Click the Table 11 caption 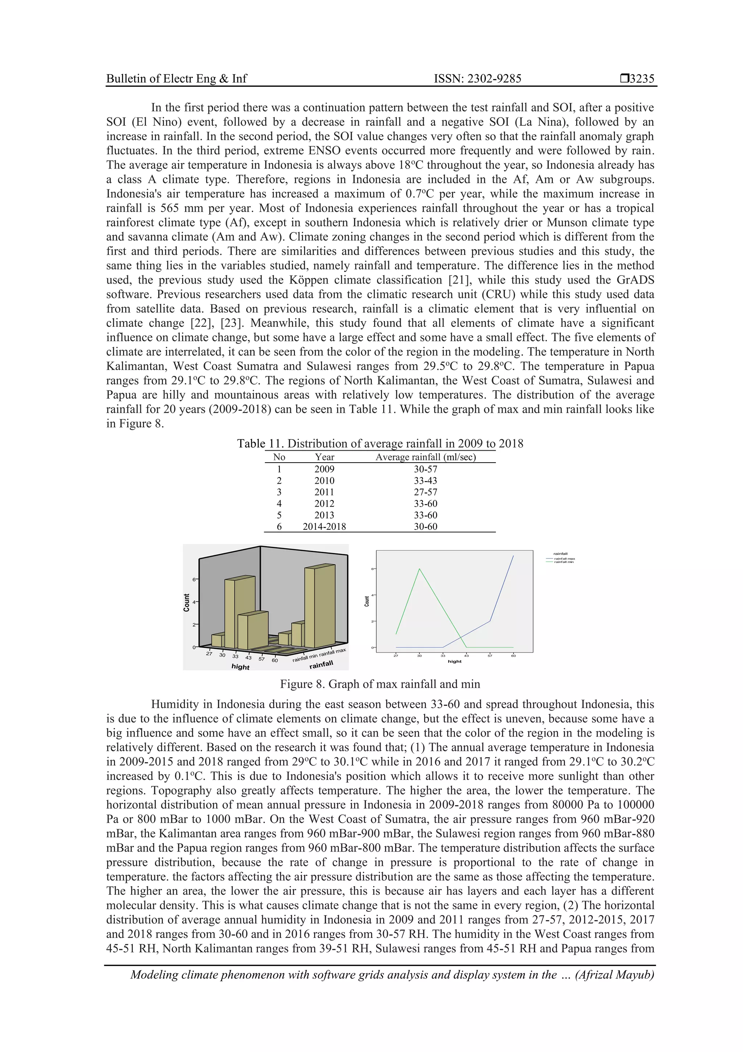click(380, 443)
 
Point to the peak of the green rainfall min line click(419, 569)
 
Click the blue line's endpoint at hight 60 click(513, 556)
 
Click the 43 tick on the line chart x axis click(467, 656)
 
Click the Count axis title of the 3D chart click(186, 602)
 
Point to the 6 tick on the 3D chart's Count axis click(194, 579)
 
